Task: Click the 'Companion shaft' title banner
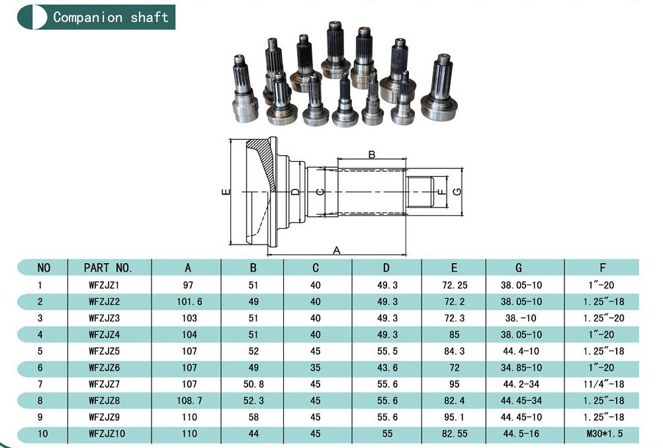tap(96, 17)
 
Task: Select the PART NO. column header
tap(108, 268)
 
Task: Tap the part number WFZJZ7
tap(104, 384)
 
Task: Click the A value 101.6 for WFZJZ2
tap(189, 302)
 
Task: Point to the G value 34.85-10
tap(521, 368)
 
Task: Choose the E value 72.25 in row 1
tap(455, 285)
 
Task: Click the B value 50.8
tap(253, 384)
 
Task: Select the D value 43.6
tap(387, 368)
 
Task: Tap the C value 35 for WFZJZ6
tap(316, 368)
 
